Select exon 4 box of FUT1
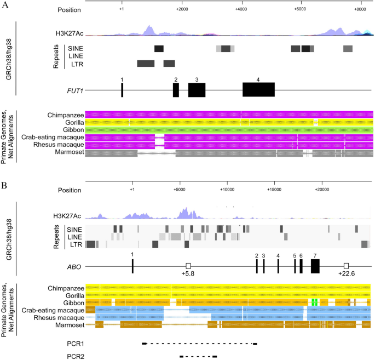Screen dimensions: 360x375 pos(258,89)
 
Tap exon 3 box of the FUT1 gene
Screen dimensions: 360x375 pos(197,89)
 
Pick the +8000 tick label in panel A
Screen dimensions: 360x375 pos(359,10)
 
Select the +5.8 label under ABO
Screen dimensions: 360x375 pos(188,274)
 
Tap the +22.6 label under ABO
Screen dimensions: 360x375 pos(346,274)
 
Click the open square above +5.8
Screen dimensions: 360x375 pos(188,266)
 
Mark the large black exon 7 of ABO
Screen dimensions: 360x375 pos(315,266)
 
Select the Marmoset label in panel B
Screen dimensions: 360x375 pos(69,325)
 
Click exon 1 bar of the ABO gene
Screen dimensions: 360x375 pos(132,266)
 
